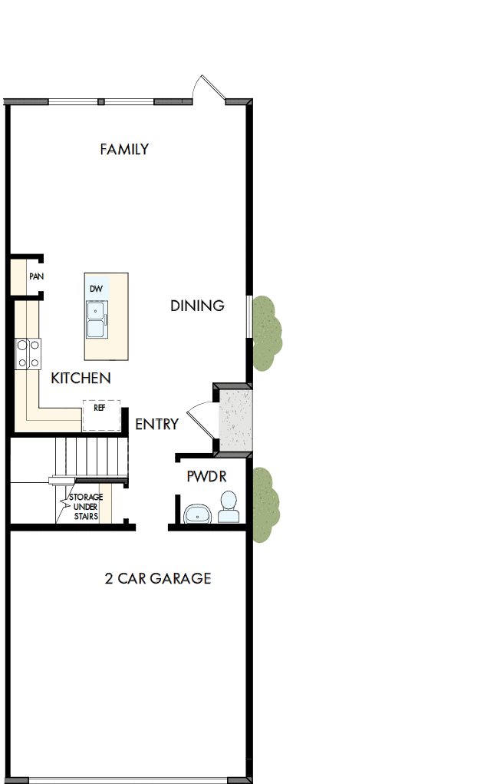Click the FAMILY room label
[x=124, y=149]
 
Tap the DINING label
[x=197, y=306]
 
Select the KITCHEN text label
[x=81, y=378]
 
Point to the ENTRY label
[x=156, y=424]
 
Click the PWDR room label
[x=206, y=476]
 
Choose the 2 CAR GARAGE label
[x=157, y=578]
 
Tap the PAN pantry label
[x=35, y=276]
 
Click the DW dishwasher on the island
[x=96, y=289]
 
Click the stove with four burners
[x=28, y=354]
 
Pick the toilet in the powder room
[x=228, y=508]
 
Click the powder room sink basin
[x=198, y=513]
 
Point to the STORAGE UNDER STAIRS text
[x=86, y=506]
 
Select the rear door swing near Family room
[x=208, y=89]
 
